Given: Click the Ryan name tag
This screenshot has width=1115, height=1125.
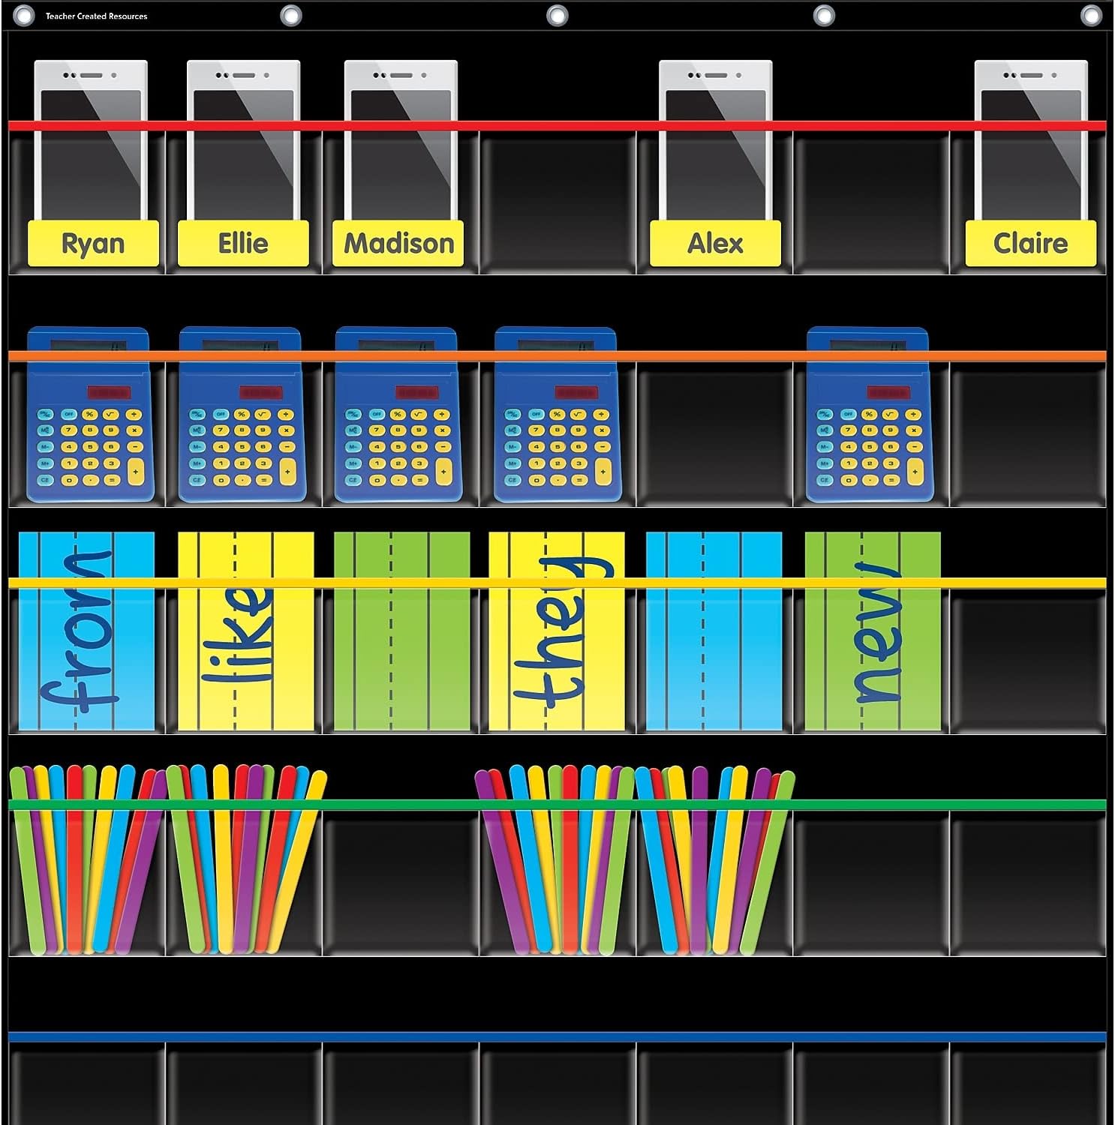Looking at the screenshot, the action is (93, 244).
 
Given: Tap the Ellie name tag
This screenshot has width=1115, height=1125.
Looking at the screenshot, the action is (243, 244).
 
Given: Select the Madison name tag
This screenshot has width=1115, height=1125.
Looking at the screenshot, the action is (398, 244).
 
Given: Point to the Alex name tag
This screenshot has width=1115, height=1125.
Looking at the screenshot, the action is (715, 244).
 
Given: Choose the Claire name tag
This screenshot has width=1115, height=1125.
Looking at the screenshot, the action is (1030, 244).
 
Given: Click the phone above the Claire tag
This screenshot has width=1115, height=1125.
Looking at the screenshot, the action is (1030, 142).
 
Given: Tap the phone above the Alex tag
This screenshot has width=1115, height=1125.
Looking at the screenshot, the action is (715, 142).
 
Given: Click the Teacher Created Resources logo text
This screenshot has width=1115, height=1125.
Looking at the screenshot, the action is (96, 16).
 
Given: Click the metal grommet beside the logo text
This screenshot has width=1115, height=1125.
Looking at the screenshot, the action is (24, 15).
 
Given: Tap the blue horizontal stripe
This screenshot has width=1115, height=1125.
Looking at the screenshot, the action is (557, 1037).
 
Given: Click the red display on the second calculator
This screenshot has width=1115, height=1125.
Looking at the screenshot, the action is (260, 392).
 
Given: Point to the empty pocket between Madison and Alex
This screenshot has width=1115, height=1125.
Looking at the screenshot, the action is (557, 202).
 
